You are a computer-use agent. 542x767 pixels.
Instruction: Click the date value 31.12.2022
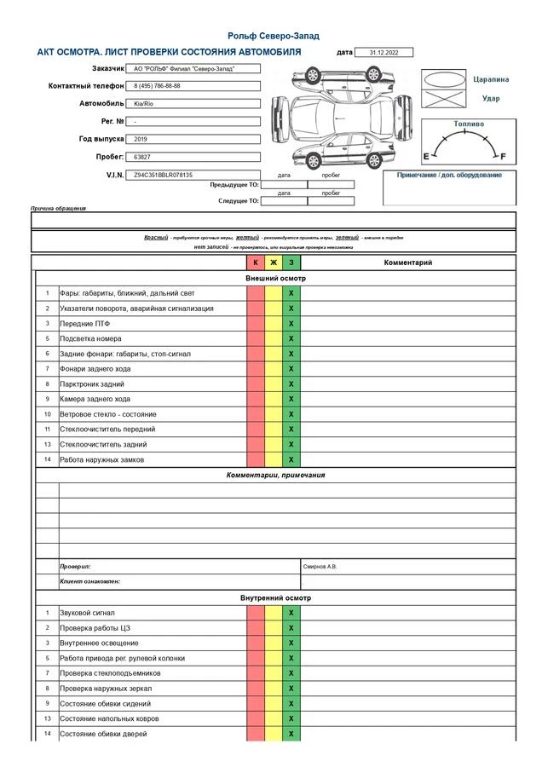pyautogui.click(x=383, y=53)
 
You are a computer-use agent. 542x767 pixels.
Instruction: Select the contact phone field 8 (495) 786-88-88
pyautogui.click(x=158, y=86)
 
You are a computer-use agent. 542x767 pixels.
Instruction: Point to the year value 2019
pyautogui.click(x=141, y=139)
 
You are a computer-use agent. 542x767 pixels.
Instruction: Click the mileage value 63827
pyautogui.click(x=142, y=158)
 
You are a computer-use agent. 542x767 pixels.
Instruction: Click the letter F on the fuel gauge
pyautogui.click(x=503, y=157)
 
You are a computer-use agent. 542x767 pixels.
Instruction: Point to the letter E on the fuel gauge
pyautogui.click(x=427, y=157)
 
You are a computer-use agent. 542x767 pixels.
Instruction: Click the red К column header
pyautogui.click(x=256, y=262)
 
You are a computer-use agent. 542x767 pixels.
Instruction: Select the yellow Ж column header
pyautogui.click(x=274, y=262)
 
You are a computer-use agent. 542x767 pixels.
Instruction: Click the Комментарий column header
pyautogui.click(x=408, y=262)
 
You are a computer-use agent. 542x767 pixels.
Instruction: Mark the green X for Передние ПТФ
pyautogui.click(x=291, y=324)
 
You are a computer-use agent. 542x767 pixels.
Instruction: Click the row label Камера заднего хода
pyautogui.click(x=95, y=399)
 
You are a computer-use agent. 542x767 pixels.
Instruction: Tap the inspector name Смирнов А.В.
pyautogui.click(x=320, y=567)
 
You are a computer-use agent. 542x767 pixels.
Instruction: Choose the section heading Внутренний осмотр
pyautogui.click(x=275, y=598)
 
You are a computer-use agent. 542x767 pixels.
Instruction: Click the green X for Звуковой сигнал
pyautogui.click(x=291, y=613)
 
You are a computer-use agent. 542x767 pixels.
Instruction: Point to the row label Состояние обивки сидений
pyautogui.click(x=105, y=704)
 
